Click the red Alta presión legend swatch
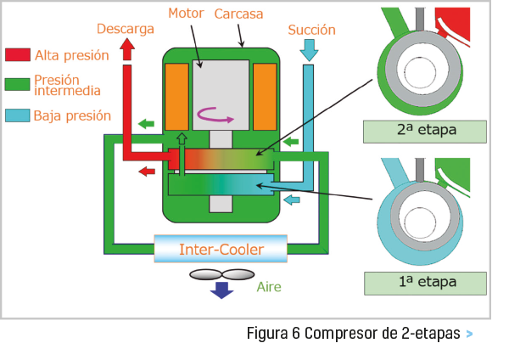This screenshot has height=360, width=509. tap(17, 55)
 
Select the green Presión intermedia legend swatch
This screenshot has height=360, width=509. tap(17, 84)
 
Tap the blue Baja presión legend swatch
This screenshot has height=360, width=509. tap(17, 115)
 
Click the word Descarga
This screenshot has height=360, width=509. tap(125, 29)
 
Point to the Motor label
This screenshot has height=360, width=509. tap(187, 14)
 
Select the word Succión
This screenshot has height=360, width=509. tap(311, 30)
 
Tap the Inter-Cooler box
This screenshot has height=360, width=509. tap(221, 250)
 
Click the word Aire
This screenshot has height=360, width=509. tap(269, 287)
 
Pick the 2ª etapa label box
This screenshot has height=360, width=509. tap(424, 132)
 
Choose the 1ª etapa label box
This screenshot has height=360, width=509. tap(424, 282)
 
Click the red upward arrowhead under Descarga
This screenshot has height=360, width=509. tap(127, 50)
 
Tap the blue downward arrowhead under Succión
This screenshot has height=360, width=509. tap(310, 53)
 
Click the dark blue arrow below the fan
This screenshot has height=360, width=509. tap(222, 290)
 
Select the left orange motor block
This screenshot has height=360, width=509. tap(177, 96)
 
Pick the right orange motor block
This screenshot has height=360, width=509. tap(265, 96)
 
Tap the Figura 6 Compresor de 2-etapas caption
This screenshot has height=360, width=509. tap(354, 333)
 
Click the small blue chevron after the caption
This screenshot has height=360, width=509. tap(469, 334)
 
